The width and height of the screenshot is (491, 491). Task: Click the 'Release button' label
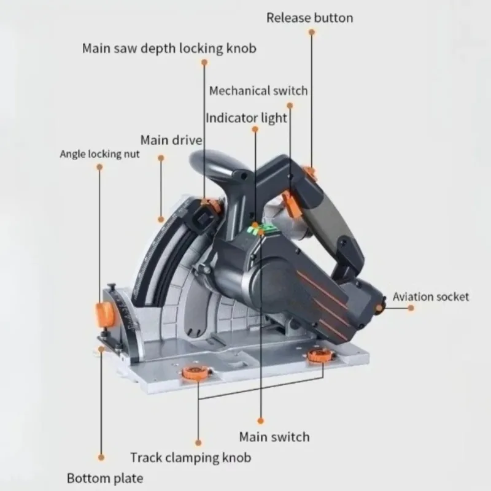[x=310, y=18]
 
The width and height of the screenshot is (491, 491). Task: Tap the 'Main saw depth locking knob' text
[x=169, y=48]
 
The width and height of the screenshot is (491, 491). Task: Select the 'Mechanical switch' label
[x=258, y=91]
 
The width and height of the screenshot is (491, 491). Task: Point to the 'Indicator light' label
[x=246, y=118]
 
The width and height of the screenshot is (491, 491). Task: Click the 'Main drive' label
[x=171, y=140]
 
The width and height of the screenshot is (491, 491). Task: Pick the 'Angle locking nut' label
[x=99, y=154]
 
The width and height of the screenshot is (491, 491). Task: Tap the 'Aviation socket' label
[x=431, y=297]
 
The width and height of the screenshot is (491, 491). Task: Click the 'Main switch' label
[x=274, y=437]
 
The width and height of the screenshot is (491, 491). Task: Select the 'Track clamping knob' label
[x=191, y=457]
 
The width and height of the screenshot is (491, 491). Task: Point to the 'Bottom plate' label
[x=105, y=479]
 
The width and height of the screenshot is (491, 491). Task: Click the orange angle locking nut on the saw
[x=104, y=314]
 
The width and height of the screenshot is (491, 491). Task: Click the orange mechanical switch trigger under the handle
[x=292, y=204]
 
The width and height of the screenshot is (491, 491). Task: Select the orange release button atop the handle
[x=311, y=173]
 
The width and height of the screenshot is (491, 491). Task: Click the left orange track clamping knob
[x=195, y=373]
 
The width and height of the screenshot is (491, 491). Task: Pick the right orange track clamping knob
[x=320, y=356]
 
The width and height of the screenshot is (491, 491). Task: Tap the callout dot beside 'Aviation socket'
[x=411, y=308]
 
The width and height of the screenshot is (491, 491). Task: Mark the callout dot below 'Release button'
[x=312, y=32]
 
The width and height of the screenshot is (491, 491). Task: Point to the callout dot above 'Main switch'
[x=260, y=421]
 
